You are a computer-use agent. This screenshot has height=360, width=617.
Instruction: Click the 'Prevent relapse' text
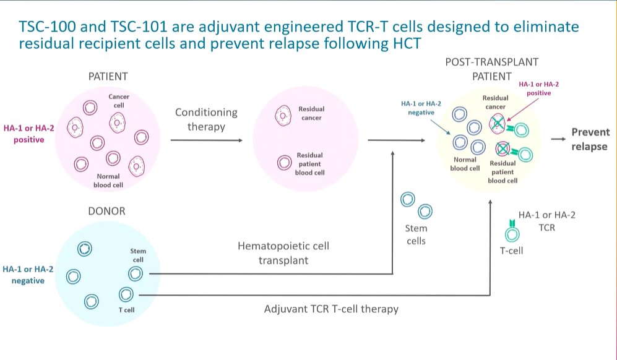pyautogui.click(x=590, y=139)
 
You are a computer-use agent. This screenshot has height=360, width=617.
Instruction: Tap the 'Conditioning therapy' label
pyautogui.click(x=206, y=119)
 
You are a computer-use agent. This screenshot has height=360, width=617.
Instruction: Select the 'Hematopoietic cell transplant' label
pyautogui.click(x=283, y=253)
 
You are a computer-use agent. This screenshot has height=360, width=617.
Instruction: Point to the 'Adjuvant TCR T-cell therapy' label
pyautogui.click(x=330, y=308)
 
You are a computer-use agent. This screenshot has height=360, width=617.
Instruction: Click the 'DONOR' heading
pyautogui.click(x=108, y=211)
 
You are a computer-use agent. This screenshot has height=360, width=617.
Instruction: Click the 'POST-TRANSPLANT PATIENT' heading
pyautogui.click(x=491, y=69)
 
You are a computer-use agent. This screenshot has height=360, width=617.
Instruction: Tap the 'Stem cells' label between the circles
pyautogui.click(x=416, y=234)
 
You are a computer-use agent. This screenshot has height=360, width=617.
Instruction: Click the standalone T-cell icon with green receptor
pyautogui.click(x=512, y=233)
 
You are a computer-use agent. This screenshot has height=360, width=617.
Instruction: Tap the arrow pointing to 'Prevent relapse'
pyautogui.click(x=558, y=140)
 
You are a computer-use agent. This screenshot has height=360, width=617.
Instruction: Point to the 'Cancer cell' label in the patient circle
pyautogui.click(x=119, y=101)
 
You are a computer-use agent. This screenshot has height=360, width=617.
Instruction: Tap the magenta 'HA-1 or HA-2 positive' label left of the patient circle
pyautogui.click(x=24, y=134)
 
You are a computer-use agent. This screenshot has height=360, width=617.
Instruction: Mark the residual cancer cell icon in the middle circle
pyautogui.click(x=284, y=114)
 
